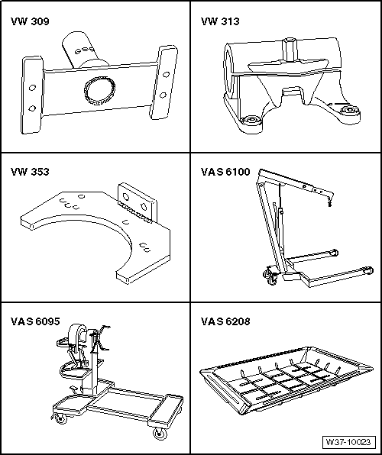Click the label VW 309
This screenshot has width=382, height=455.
30,22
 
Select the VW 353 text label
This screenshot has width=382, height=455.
30,172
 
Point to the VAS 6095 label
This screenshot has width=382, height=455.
34,321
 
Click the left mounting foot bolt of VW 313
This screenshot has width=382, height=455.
249,121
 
